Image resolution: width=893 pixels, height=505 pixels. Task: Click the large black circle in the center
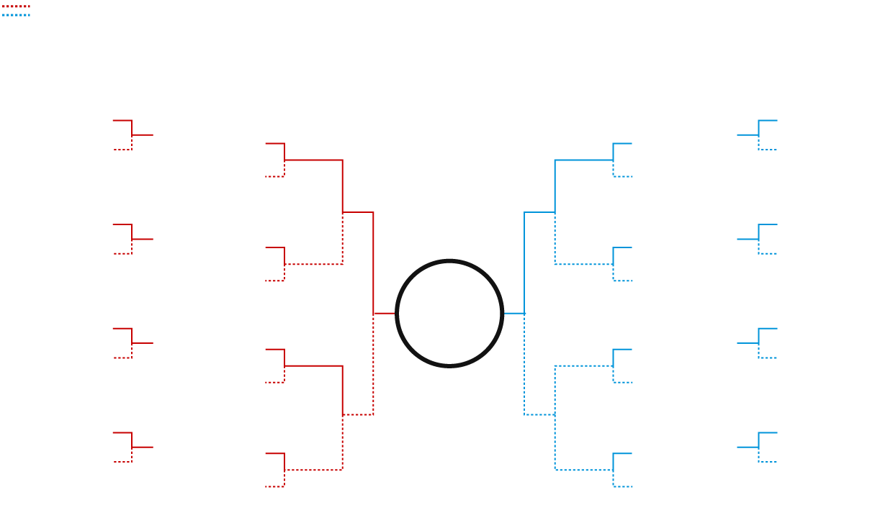pos(449,314)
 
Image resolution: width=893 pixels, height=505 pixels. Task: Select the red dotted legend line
pos(15,6)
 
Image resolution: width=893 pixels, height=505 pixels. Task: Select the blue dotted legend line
pos(15,14)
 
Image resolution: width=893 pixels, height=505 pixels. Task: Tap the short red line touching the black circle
pos(385,314)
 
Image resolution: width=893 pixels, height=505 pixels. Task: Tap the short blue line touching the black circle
pos(513,314)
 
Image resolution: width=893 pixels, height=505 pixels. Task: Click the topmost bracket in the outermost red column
pos(132,135)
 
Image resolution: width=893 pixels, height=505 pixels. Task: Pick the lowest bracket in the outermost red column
pos(132,447)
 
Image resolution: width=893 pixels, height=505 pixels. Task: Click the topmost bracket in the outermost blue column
pos(758,135)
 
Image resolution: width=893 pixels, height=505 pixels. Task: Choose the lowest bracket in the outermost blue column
pos(758,447)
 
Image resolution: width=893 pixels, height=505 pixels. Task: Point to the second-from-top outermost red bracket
pos(132,239)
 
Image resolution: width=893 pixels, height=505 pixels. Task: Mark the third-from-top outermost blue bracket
pos(758,343)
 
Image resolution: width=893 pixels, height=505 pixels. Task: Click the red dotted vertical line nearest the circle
pos(373,364)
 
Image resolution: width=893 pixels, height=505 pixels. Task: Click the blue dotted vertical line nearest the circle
pos(524,364)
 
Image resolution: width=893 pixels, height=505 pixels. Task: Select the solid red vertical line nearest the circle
pos(373,263)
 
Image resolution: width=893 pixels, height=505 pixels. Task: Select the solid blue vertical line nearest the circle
pos(524,263)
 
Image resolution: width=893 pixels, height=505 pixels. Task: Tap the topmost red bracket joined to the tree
pos(284,159)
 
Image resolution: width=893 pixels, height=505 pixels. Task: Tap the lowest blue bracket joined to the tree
pos(613,469)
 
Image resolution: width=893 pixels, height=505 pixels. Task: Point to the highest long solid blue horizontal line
pos(583,160)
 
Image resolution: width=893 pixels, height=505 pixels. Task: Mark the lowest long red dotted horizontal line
pos(314,470)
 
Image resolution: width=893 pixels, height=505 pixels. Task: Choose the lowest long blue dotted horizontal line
pos(583,470)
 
